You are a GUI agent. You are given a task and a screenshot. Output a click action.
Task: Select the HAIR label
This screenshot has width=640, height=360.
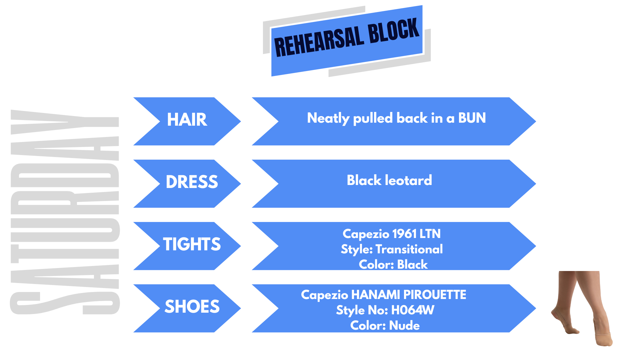(187, 120)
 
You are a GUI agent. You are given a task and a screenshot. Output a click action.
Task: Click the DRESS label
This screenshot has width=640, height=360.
(192, 182)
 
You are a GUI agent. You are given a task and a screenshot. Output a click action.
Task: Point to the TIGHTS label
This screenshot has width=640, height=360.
(192, 244)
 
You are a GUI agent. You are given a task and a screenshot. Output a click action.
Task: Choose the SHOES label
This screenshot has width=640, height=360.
(192, 307)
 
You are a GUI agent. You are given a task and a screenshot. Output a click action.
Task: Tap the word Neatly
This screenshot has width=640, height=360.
(328, 119)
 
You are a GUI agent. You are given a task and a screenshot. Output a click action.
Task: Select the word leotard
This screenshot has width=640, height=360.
(408, 180)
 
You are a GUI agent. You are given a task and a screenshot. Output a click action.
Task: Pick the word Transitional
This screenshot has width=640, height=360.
(409, 249)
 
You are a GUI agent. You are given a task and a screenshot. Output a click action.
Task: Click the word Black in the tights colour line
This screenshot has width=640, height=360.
(412, 265)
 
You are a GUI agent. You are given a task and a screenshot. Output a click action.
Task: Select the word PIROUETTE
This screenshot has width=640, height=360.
(435, 295)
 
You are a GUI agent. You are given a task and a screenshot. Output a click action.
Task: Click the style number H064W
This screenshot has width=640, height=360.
(412, 310)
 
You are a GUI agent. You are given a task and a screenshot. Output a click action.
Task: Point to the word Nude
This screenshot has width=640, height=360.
(404, 326)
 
